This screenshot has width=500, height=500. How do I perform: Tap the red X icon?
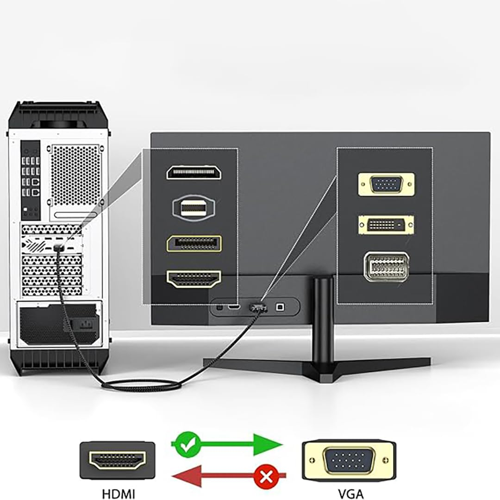coord(266,475)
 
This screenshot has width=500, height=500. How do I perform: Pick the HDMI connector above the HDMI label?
coord(117,460)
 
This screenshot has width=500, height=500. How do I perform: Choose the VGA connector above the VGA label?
coord(349,460)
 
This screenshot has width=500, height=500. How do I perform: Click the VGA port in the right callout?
coord(386,184)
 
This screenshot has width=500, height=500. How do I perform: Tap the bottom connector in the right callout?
coord(386,266)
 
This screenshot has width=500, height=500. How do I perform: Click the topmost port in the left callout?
coord(194,172)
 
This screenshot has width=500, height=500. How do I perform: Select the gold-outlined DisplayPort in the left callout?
coord(194,244)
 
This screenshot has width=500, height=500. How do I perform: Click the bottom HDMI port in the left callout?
coord(194,279)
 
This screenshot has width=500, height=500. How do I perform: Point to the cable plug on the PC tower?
coord(58,248)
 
